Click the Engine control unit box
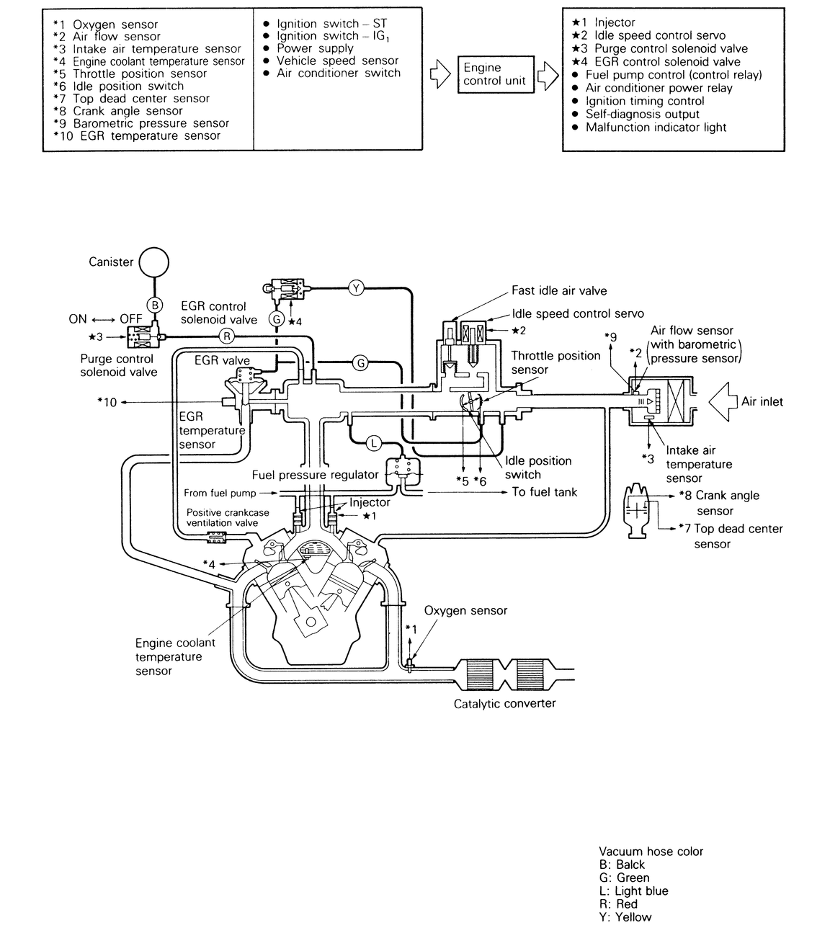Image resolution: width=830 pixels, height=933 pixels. click(x=495, y=74)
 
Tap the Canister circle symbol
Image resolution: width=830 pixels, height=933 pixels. click(x=153, y=262)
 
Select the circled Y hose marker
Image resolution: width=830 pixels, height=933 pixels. click(x=356, y=288)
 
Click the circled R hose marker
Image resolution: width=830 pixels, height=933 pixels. click(x=226, y=336)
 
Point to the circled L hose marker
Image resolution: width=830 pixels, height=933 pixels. click(x=373, y=443)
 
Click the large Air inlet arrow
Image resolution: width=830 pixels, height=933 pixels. click(x=723, y=402)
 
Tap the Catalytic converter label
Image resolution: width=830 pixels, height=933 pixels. click(x=504, y=704)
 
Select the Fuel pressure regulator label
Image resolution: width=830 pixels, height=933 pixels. click(x=315, y=475)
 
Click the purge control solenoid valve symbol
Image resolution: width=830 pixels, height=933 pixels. click(x=141, y=336)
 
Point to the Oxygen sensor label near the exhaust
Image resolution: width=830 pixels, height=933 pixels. click(x=465, y=611)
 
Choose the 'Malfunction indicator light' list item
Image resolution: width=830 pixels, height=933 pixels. click(x=656, y=128)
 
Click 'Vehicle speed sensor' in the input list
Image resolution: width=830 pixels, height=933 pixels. click(x=337, y=61)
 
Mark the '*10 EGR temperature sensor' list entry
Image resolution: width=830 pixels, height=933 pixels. click(x=137, y=135)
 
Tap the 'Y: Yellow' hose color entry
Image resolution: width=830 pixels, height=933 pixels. click(x=625, y=917)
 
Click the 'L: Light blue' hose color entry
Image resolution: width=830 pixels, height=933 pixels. click(x=633, y=891)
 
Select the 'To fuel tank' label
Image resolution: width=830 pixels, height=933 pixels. click(x=545, y=492)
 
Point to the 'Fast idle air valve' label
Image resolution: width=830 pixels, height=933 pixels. click(x=559, y=291)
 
